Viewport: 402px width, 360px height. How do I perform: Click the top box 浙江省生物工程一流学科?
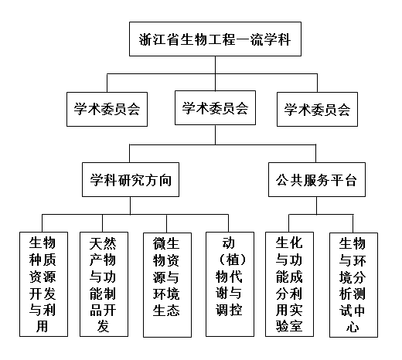coord(215,39)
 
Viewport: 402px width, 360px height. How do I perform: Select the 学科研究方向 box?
coord(131,179)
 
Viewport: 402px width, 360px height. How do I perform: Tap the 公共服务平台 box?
coord(317,179)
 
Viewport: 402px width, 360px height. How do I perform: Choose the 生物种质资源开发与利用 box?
coord(43,284)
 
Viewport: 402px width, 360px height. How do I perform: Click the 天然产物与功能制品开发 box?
coord(104,284)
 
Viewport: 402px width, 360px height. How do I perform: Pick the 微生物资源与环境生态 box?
coord(167,285)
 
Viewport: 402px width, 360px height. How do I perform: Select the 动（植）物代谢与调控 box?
coord(230,284)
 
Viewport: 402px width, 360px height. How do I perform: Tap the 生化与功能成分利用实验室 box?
coord(289,284)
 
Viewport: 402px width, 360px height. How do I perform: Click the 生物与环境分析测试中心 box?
coord(353,285)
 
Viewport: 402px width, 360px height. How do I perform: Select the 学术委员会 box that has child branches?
coord(215,107)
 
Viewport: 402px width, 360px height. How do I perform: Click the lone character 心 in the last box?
coord(353,327)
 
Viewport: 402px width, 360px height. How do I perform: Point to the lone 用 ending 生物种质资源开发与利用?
coord(43,326)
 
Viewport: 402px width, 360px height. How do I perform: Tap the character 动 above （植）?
coord(229,243)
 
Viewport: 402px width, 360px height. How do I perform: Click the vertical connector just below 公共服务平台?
coord(317,205)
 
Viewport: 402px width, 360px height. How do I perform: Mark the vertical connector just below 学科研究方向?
coord(131,205)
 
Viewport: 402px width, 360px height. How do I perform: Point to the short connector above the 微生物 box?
coord(166,223)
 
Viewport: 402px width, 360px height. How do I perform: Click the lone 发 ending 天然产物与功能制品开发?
coord(103,326)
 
